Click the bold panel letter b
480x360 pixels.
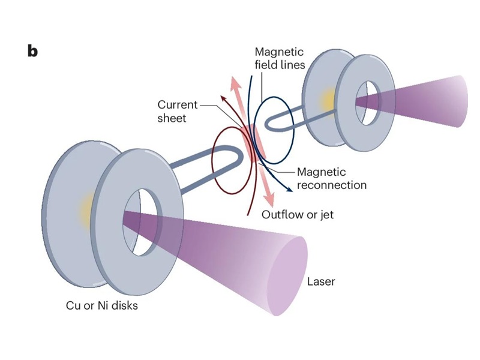[x=32, y=50]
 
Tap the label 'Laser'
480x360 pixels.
[x=321, y=281]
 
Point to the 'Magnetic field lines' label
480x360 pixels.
[x=280, y=58]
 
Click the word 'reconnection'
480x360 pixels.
[x=331, y=185]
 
